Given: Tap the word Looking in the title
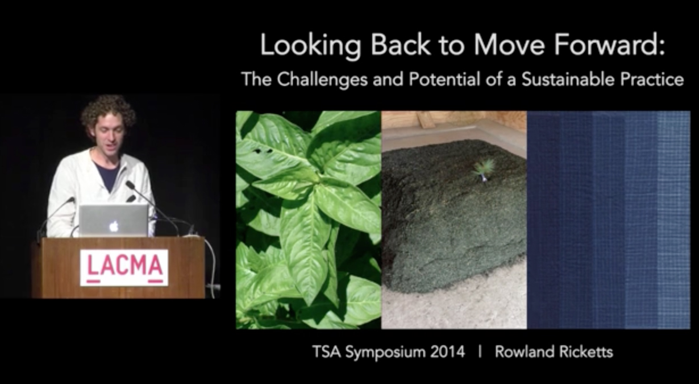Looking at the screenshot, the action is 310,46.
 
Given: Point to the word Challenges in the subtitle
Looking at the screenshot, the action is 322,80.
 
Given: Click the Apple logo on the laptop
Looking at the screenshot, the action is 114,226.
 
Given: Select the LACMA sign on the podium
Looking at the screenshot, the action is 124,268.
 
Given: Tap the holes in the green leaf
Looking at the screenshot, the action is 263,151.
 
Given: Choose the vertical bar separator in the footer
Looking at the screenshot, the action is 480,352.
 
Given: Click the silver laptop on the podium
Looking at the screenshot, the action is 114,221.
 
